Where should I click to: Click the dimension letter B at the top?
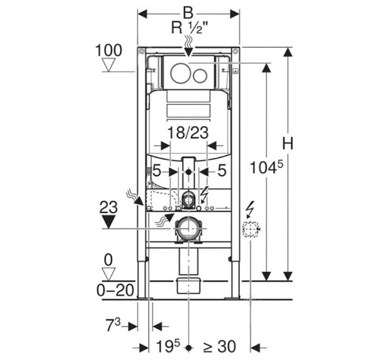188,11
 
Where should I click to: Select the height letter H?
288,143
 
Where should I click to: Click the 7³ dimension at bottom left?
115,326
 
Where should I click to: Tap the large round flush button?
180,74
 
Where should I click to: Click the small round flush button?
200,76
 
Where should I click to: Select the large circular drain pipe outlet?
187,228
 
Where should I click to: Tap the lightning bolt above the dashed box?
251,207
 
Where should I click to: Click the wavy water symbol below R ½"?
188,42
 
